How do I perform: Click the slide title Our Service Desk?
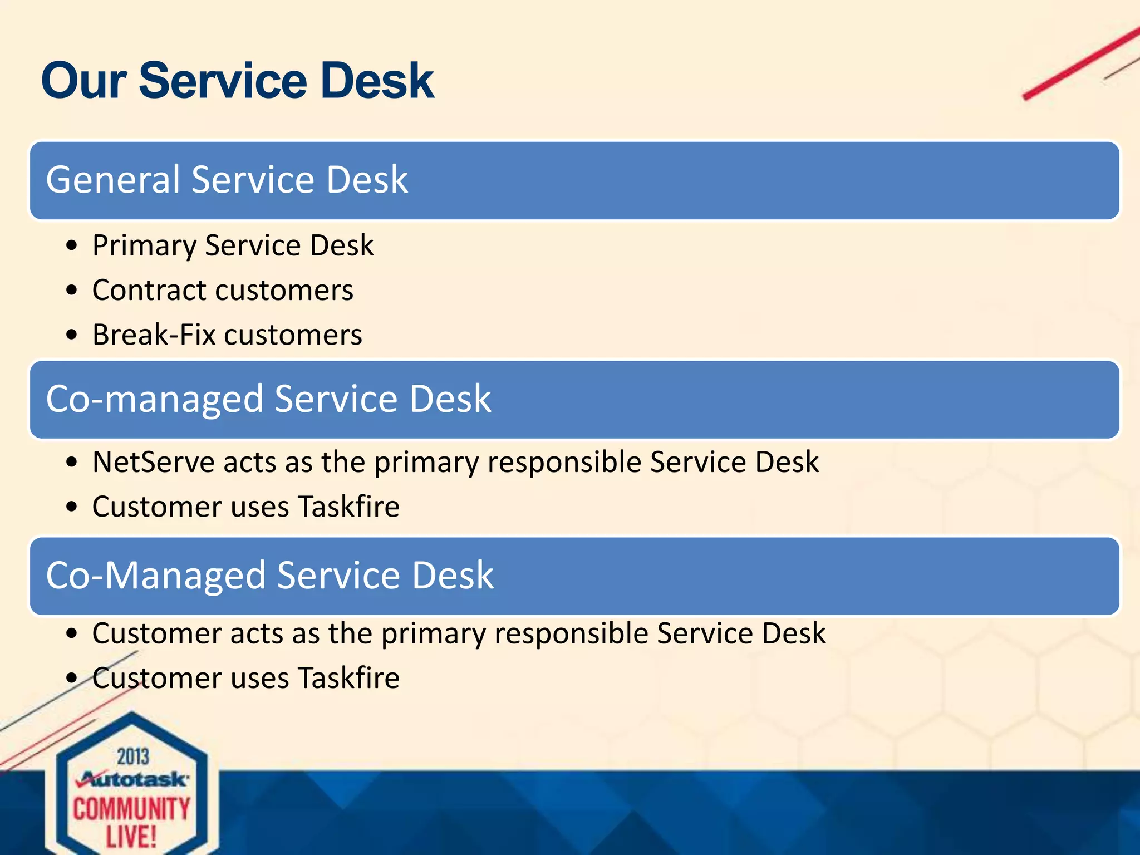[x=238, y=81]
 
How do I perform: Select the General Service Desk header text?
[x=227, y=180]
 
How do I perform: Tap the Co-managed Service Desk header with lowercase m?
[x=268, y=399]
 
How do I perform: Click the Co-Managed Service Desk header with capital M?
[x=269, y=576]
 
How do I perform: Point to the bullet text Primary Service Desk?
[x=233, y=245]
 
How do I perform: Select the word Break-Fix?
[x=154, y=335]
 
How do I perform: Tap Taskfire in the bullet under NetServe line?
[x=348, y=507]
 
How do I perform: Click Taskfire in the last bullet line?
[x=348, y=678]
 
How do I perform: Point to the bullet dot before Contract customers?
[x=71, y=291]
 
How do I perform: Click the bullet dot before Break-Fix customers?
[x=71, y=335]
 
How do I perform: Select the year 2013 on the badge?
[x=133, y=757]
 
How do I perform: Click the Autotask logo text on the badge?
[x=134, y=779]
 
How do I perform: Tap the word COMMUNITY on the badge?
[x=132, y=809]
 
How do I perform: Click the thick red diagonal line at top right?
[x=1080, y=64]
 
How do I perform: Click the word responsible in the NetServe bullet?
[x=564, y=462]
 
